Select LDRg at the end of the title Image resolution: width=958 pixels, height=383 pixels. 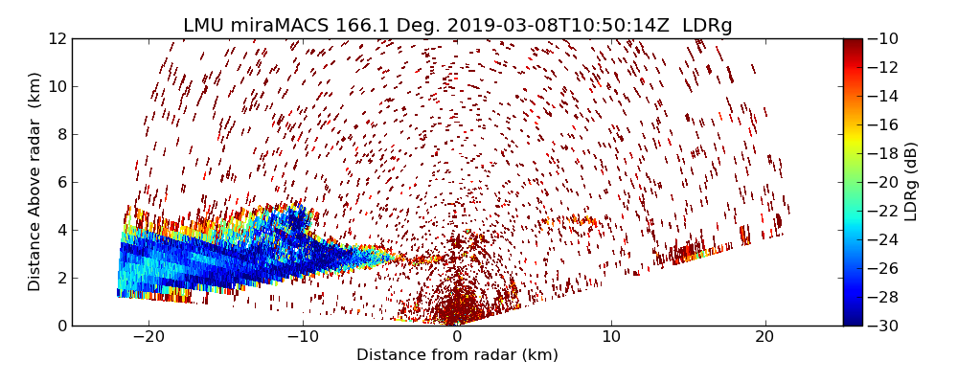pyautogui.click(x=707, y=26)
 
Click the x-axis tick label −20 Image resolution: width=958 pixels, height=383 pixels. pyautogui.click(x=148, y=338)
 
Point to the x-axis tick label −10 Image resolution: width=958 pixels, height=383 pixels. pyautogui.click(x=303, y=338)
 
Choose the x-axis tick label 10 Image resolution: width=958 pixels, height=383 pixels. pyautogui.click(x=611, y=338)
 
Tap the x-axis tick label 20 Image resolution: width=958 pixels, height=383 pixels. pyautogui.click(x=764, y=338)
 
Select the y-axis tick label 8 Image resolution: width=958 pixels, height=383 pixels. pyautogui.click(x=61, y=135)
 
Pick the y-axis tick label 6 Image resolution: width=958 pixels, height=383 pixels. pyautogui.click(x=61, y=183)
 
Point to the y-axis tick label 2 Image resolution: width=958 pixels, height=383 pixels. pyautogui.click(x=61, y=279)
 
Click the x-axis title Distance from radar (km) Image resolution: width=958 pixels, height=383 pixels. pyautogui.click(x=457, y=355)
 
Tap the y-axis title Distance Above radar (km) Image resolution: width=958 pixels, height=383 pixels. pyautogui.click(x=35, y=182)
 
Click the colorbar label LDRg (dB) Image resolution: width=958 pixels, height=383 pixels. pyautogui.click(x=911, y=182)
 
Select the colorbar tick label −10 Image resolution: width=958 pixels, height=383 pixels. pyautogui.click(x=881, y=39)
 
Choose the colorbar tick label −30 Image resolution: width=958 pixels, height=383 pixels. pyautogui.click(x=881, y=326)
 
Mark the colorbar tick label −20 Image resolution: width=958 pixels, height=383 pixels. pyautogui.click(x=881, y=182)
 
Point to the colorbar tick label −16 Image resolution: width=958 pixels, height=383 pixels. pyautogui.click(x=881, y=124)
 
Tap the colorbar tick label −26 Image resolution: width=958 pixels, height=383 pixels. pyautogui.click(x=881, y=268)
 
